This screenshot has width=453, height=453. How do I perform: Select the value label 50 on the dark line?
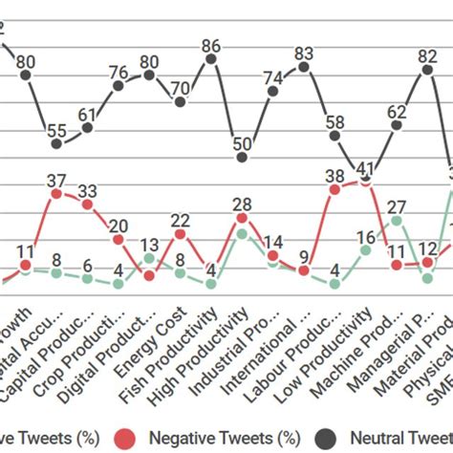pos(242,144)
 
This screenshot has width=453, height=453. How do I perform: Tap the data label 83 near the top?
pos(304,54)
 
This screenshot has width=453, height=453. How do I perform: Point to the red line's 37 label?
pos(56,180)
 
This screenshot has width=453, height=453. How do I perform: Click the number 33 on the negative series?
pos(87,190)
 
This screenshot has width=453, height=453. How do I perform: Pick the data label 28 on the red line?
pos(242,204)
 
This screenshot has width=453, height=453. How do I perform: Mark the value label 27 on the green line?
pos(397,206)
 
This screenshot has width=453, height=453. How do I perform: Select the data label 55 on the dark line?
pos(56,132)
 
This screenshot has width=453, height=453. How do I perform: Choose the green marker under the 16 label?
pos(365,250)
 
